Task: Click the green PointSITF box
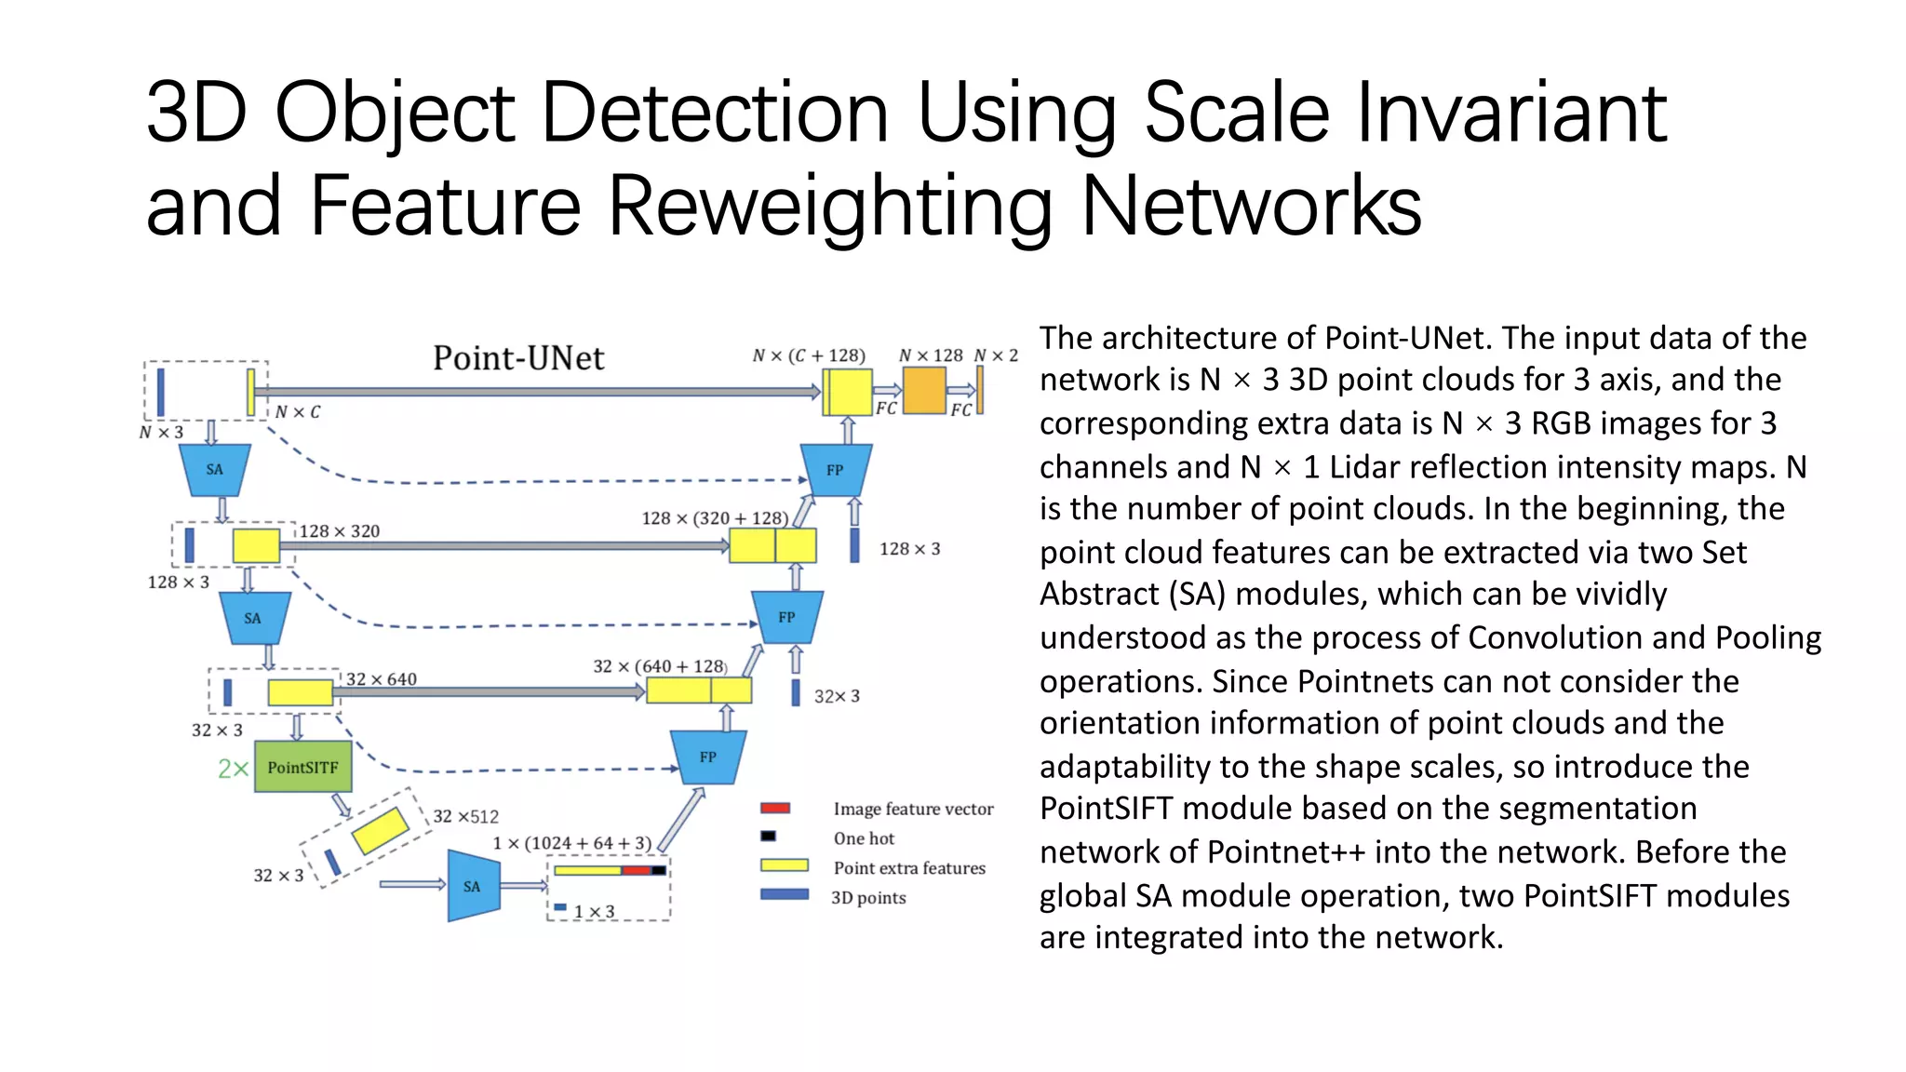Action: click(x=302, y=767)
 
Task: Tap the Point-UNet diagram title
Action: click(x=518, y=358)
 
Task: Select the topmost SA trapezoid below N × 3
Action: click(x=215, y=469)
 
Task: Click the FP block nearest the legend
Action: click(x=708, y=757)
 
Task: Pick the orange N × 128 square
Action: click(x=923, y=391)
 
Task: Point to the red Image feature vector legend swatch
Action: click(x=774, y=808)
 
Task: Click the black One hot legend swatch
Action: click(x=768, y=837)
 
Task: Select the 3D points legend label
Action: click(x=868, y=898)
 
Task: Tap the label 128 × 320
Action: click(x=339, y=531)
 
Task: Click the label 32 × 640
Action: click(x=381, y=679)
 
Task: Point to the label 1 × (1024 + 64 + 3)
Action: click(x=571, y=843)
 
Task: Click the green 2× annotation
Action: click(x=233, y=769)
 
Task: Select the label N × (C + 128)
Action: click(x=809, y=355)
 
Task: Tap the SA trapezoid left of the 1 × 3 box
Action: click(x=473, y=886)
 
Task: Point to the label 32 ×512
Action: click(x=465, y=817)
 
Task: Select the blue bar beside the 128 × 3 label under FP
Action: click(x=854, y=545)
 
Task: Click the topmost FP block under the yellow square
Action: click(x=836, y=470)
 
